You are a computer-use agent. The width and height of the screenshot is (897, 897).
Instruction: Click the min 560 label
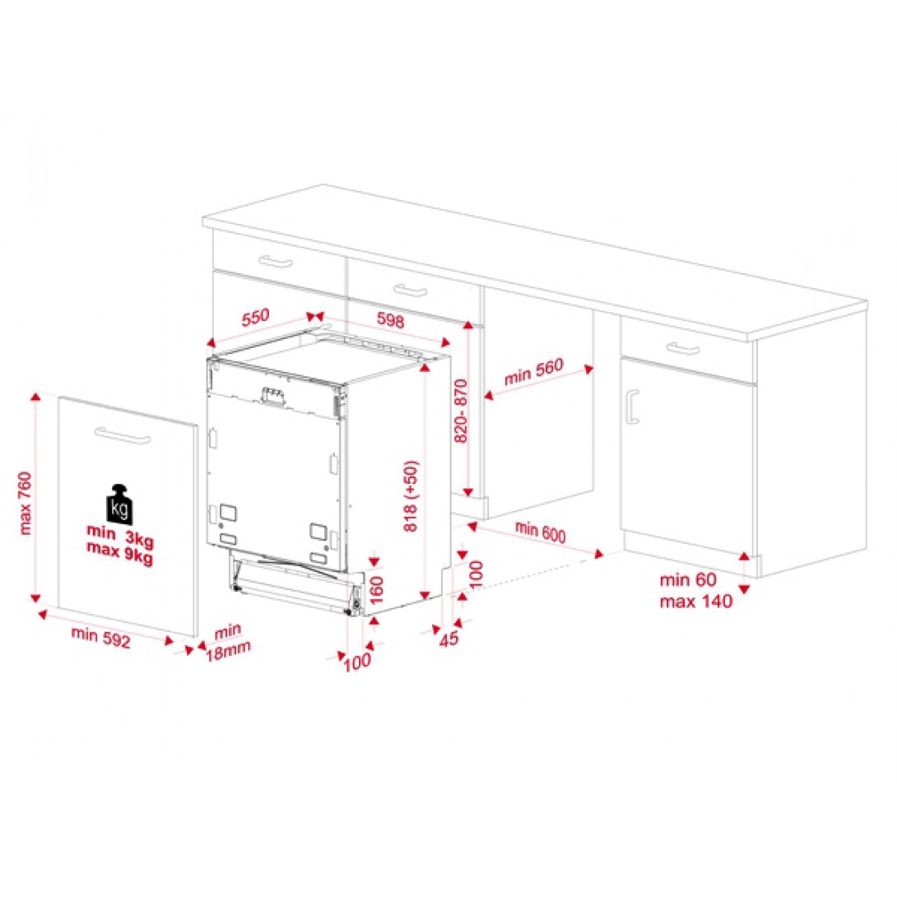pos(535,374)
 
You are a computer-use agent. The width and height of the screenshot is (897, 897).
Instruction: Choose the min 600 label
pos(541,532)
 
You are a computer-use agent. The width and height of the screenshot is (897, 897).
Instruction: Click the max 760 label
pos(25,502)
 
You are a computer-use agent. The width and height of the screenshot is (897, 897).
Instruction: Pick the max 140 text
pos(695,601)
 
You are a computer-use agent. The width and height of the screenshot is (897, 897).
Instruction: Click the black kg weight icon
pos(119,504)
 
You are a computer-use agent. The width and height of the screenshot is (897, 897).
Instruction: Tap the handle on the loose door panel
pos(123,435)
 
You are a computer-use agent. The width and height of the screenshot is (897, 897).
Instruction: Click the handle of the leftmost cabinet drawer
pos(276,262)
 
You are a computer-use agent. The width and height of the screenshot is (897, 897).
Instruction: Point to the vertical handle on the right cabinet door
pos(631,407)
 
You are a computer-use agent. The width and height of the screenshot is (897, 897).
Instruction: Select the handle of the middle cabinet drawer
pos(409,289)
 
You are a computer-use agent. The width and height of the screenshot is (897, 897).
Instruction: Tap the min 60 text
pos(688,579)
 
